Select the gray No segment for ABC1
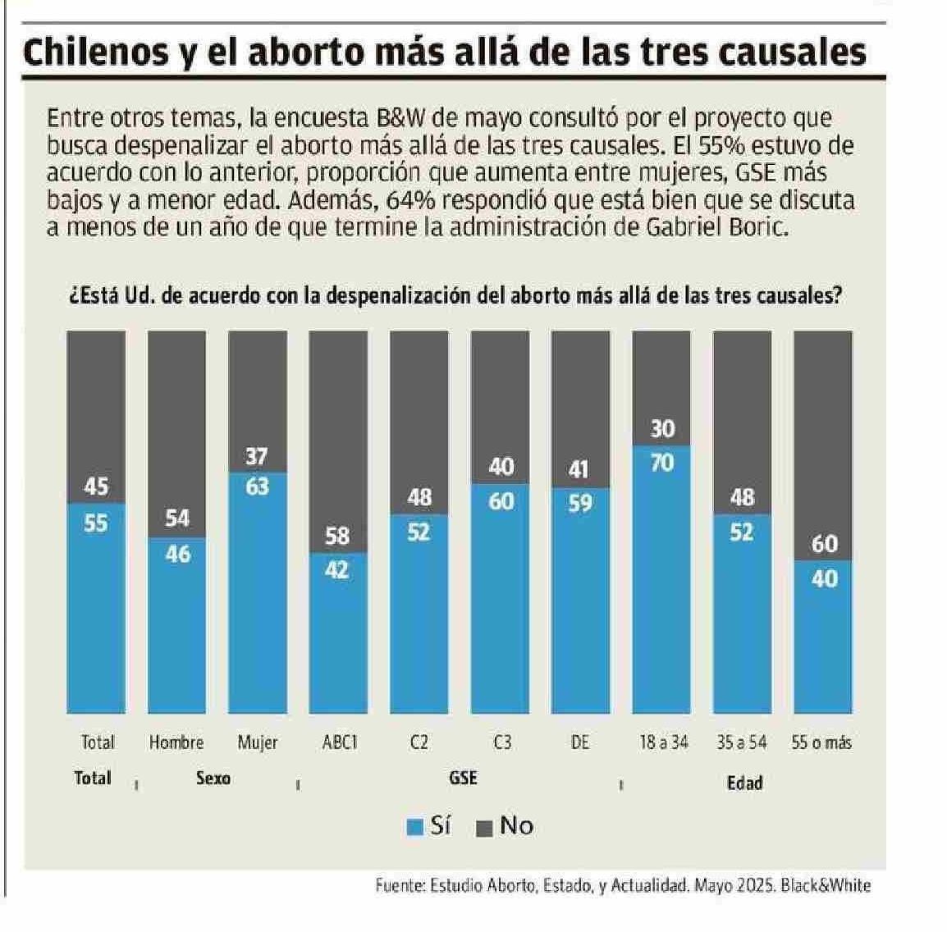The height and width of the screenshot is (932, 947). coord(337,427)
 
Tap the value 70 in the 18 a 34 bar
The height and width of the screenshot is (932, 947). coord(661,464)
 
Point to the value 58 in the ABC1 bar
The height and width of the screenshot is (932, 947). coord(337,537)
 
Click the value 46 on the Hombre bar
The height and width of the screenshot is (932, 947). coord(176,555)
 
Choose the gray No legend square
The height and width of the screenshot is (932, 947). coord(485,827)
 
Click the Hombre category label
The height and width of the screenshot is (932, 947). coord(176,742)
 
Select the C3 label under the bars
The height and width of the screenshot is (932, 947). coord(502,742)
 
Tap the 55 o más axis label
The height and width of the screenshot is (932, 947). coord(821,742)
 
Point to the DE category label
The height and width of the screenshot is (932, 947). coord(580,742)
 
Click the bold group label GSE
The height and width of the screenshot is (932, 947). coord(463,778)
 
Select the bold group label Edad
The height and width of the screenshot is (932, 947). coord(744,782)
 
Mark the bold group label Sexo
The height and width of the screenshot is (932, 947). coord(213,778)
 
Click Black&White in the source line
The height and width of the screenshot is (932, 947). coord(826,885)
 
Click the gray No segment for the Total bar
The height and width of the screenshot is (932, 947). coord(96,402)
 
